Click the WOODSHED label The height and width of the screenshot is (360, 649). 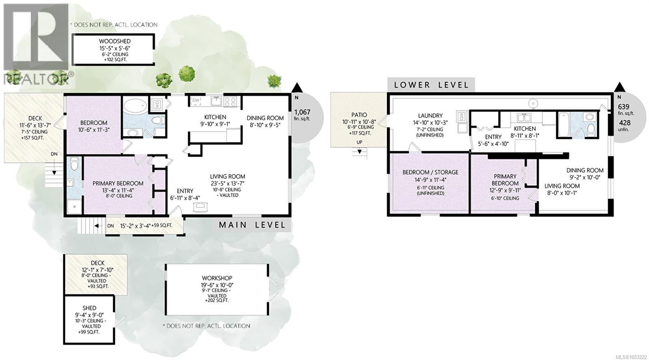[115, 41]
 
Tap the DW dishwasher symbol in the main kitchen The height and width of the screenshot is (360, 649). [196, 101]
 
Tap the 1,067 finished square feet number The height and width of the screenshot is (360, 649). [302, 112]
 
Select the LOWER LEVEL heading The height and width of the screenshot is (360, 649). [431, 85]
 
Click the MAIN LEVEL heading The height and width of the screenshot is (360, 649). [252, 225]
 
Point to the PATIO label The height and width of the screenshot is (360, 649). [359, 115]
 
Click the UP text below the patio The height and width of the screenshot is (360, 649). [359, 142]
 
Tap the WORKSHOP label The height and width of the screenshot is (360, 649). [217, 278]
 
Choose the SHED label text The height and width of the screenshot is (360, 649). [89, 308]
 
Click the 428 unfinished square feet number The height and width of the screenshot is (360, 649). [625, 123]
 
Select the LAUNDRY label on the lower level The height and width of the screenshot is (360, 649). [430, 116]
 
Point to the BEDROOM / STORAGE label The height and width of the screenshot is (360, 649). [430, 172]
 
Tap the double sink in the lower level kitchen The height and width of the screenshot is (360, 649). [524, 118]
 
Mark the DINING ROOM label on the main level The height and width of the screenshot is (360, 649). [265, 118]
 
